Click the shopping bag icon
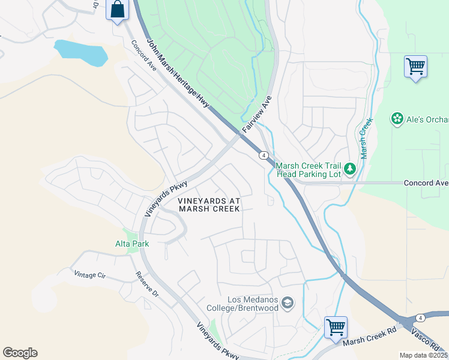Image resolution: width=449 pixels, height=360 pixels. (x=118, y=10)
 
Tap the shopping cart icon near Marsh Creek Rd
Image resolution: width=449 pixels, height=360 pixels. (x=336, y=328)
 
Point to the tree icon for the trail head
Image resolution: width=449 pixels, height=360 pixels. (x=351, y=170)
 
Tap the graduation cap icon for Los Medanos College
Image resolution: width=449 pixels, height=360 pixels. (x=288, y=303)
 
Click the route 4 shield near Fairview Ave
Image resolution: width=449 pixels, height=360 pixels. (x=264, y=155)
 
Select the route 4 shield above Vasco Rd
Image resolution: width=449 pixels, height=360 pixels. (x=421, y=317)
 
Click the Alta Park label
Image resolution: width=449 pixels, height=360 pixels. (x=132, y=244)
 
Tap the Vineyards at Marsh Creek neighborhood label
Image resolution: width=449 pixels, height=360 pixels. (x=209, y=204)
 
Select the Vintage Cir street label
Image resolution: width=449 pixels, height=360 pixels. (x=89, y=274)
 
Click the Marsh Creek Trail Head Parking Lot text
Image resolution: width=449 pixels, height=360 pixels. (x=308, y=170)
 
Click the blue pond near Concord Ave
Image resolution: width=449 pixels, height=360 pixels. (x=80, y=52)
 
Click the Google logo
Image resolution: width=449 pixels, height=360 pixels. (x=20, y=353)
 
